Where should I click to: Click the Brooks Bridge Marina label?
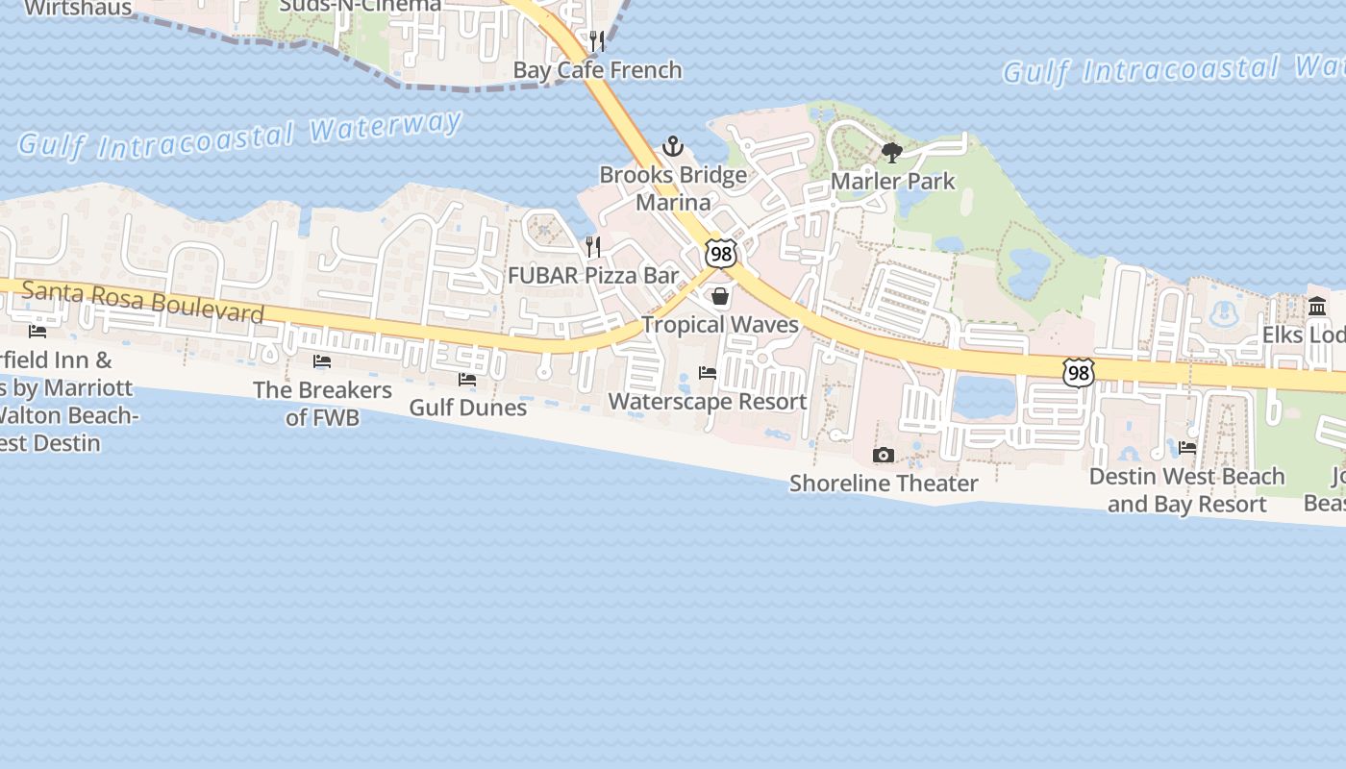(x=673, y=188)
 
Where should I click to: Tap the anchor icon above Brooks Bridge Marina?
(x=673, y=147)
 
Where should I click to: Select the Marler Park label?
(x=893, y=181)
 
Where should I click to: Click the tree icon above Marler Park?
(x=892, y=152)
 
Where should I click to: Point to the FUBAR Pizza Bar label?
(x=593, y=275)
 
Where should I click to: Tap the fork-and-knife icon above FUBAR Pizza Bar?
(x=593, y=247)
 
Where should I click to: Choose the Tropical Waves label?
(x=720, y=324)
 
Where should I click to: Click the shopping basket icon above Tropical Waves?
(x=720, y=296)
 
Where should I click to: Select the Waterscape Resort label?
(x=708, y=401)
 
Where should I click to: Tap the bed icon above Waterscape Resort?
(x=708, y=373)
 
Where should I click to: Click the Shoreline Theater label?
(x=884, y=483)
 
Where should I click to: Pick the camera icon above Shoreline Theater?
(x=883, y=455)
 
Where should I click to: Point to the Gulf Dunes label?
(x=468, y=407)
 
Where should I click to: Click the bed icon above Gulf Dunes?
(x=467, y=380)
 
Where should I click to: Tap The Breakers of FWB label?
(x=322, y=404)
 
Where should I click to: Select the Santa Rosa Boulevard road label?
(x=142, y=302)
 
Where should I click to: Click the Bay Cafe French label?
(x=597, y=69)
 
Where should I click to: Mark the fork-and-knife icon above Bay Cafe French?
(x=597, y=41)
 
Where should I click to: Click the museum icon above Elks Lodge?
(x=1317, y=307)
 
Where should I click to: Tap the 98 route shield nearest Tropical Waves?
(x=720, y=254)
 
